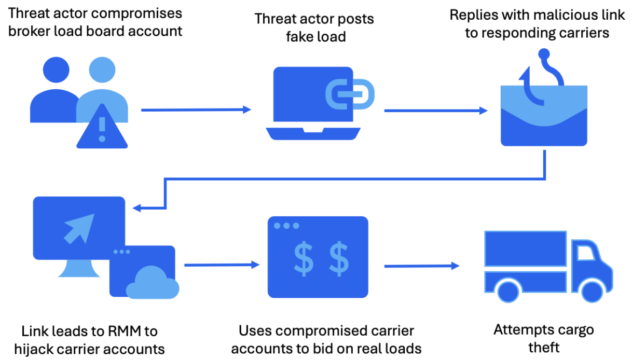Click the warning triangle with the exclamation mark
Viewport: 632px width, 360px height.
[x=102, y=128]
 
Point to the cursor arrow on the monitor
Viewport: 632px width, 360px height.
[x=79, y=228]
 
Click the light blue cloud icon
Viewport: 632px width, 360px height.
[x=152, y=284]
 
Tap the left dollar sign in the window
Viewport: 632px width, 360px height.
[x=304, y=258]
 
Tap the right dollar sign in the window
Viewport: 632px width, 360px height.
[x=339, y=258]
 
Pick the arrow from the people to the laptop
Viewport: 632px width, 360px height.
[x=196, y=110]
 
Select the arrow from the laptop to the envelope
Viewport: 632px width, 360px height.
[x=435, y=110]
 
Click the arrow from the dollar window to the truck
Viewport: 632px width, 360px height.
[x=421, y=266]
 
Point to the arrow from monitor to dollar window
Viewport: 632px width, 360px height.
[x=221, y=265]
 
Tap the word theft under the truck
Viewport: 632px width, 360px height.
[x=543, y=347]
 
